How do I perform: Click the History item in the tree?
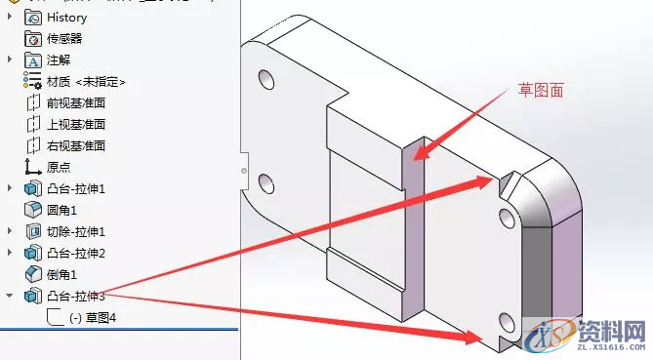(66, 18)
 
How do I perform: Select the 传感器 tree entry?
(63, 39)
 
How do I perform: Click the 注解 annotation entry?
(58, 60)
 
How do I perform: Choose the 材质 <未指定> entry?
(86, 82)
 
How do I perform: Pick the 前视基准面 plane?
(75, 103)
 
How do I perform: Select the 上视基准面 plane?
(75, 125)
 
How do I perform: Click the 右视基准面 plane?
(75, 146)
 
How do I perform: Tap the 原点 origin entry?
(59, 167)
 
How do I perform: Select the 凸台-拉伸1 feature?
(75, 188)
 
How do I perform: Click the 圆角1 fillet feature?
(61, 210)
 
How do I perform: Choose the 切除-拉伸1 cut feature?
(75, 231)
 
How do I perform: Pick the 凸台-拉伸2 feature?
(75, 253)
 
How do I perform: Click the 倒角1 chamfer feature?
(61, 274)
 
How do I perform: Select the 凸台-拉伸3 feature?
(75, 296)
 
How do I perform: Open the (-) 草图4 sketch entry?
(93, 317)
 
